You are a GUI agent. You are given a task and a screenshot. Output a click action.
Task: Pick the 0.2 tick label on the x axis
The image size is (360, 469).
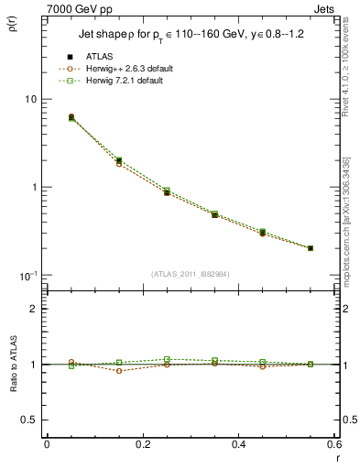pyautogui.click(x=141, y=444)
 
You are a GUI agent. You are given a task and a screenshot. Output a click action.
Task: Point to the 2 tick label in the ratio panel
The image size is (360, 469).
pyautogui.click(x=37, y=309)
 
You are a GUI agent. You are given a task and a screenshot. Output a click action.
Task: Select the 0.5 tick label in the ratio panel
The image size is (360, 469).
pyautogui.click(x=32, y=420)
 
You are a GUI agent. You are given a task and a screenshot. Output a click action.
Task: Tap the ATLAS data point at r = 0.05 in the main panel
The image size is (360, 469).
pyautogui.click(x=71, y=117)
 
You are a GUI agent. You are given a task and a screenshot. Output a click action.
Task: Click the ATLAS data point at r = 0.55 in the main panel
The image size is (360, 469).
pyautogui.click(x=311, y=248)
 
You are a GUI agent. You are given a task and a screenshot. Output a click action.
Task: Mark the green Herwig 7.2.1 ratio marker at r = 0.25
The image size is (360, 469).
pyautogui.click(x=167, y=359)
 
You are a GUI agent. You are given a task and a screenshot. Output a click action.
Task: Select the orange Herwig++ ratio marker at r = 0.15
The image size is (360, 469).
pyautogui.click(x=119, y=370)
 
